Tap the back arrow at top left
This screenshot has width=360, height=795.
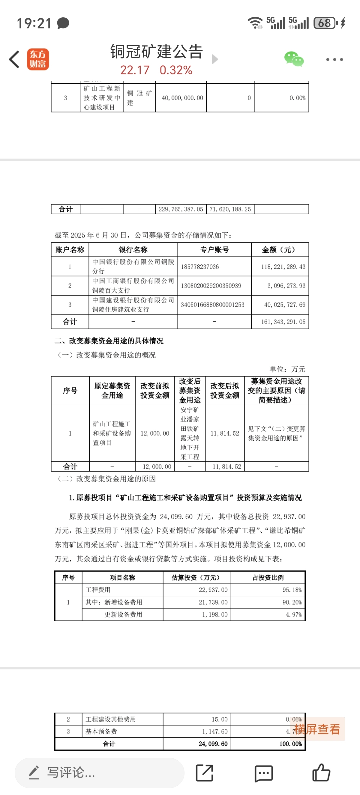[x=14, y=59]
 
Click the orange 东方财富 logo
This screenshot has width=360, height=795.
[x=38, y=59]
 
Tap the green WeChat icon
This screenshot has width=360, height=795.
[x=294, y=59]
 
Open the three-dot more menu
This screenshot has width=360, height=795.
[x=334, y=59]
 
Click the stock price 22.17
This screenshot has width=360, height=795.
[x=135, y=70]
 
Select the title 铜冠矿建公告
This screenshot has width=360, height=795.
[x=157, y=51]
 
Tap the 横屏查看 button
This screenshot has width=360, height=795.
[x=317, y=729]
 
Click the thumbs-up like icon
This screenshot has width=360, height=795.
[x=321, y=773]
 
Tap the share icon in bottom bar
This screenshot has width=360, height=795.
[x=204, y=773]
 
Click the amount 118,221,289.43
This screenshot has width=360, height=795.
[x=283, y=266]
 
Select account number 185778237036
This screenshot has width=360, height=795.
[x=200, y=266]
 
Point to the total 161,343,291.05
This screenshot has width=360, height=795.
[x=283, y=322]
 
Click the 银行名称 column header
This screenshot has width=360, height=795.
[x=133, y=250]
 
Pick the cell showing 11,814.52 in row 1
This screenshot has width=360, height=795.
[x=225, y=433]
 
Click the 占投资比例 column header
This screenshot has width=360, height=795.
[x=268, y=577]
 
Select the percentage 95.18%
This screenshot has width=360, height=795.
[x=292, y=590]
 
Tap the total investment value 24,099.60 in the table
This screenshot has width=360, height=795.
[x=213, y=744]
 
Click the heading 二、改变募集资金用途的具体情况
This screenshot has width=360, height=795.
[x=109, y=341]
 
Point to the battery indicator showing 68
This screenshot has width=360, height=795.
[x=325, y=23]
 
